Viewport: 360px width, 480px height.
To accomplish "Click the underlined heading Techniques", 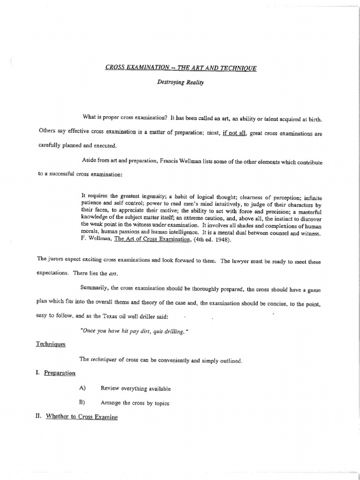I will pos(51,345).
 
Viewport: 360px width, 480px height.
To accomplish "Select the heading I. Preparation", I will pos(56,374).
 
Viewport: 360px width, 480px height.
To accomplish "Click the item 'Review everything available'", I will pos(135,389).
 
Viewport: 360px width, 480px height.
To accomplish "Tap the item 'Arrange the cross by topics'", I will pos(135,403).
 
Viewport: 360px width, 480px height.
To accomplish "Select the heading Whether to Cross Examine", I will pos(77,417).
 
